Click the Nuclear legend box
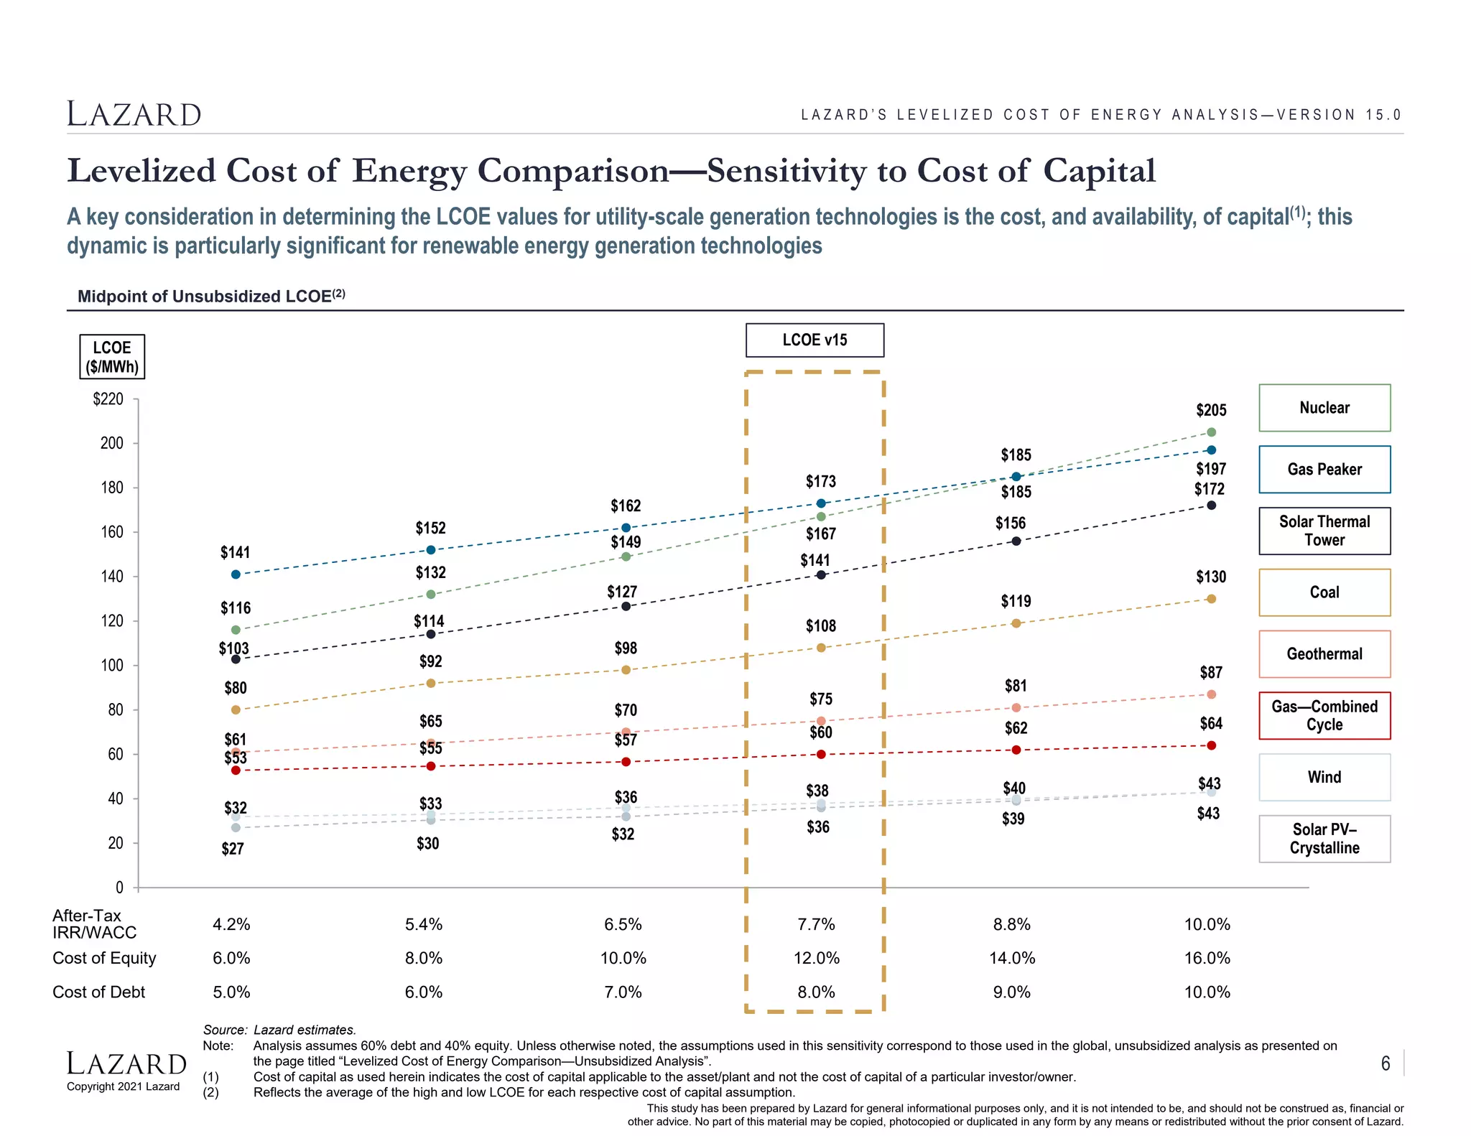pyautogui.click(x=1324, y=408)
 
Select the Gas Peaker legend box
pyautogui.click(x=1324, y=470)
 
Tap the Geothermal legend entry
pyautogui.click(x=1324, y=654)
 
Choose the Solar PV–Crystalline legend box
pyautogui.click(x=1324, y=839)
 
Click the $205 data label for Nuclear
pyautogui.click(x=1211, y=411)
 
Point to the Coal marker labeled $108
pyautogui.click(x=821, y=648)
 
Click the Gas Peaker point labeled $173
pyautogui.click(x=821, y=503)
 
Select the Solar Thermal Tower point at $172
pyautogui.click(x=1211, y=506)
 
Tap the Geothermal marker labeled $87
pyautogui.click(x=1211, y=694)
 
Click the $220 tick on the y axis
pyautogui.click(x=108, y=399)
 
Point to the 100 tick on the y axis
pyautogui.click(x=111, y=666)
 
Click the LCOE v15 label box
pyautogui.click(x=815, y=340)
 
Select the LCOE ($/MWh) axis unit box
pyautogui.click(x=112, y=357)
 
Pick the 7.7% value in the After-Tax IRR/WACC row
pyautogui.click(x=816, y=925)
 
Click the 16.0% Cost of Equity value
pyautogui.click(x=1207, y=959)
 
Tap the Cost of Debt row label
pyautogui.click(x=98, y=992)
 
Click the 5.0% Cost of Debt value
pyautogui.click(x=231, y=992)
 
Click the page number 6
pyautogui.click(x=1386, y=1063)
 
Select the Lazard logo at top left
pyautogui.click(x=134, y=114)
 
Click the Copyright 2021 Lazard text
pyautogui.click(x=123, y=1086)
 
